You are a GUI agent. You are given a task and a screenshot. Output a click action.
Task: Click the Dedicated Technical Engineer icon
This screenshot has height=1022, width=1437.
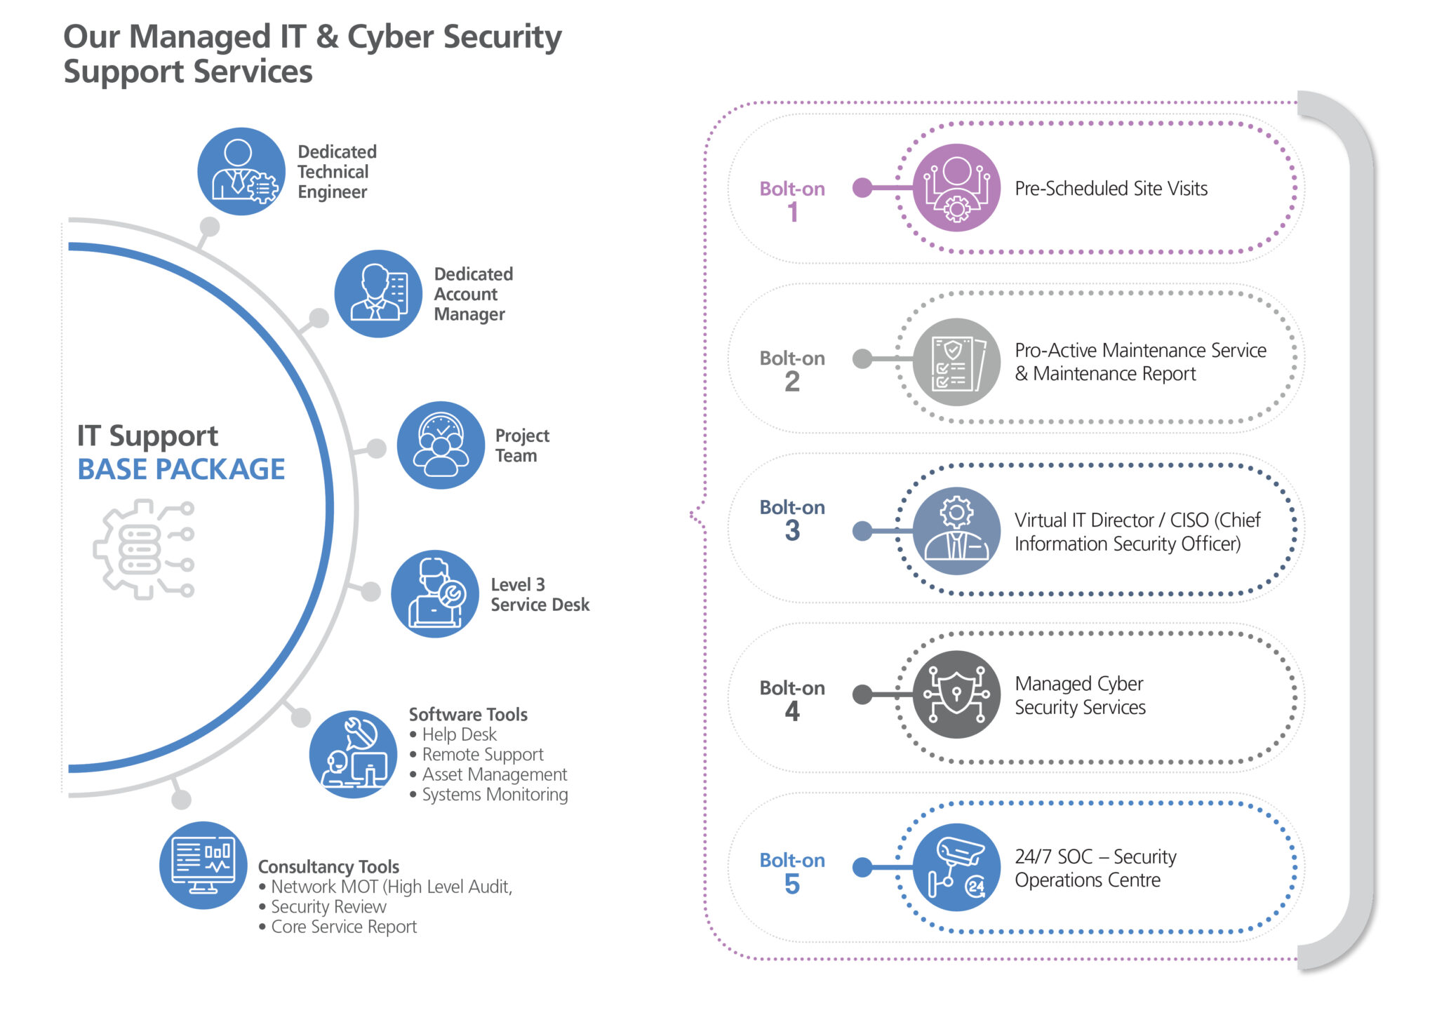pos(241,171)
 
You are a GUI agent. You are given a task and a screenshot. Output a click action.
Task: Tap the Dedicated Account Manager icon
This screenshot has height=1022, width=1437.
pos(378,294)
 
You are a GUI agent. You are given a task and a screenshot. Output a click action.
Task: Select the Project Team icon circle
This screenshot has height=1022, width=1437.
pos(441,445)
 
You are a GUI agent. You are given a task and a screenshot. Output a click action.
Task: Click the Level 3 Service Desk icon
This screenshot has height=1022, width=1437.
pos(435,593)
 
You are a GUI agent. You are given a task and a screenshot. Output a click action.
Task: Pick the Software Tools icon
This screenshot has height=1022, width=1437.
pos(353,755)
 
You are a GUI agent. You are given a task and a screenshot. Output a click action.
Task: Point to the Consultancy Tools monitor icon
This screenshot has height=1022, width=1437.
pos(203,866)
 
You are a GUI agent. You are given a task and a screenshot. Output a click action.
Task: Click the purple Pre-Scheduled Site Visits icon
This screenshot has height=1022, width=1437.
pos(956,188)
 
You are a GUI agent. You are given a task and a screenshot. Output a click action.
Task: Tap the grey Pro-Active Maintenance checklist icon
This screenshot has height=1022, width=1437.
pos(956,362)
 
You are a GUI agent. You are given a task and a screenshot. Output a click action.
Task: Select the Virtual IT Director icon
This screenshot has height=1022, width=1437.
pos(956,531)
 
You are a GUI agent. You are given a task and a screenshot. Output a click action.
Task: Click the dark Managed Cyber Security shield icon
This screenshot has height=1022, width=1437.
pos(956,694)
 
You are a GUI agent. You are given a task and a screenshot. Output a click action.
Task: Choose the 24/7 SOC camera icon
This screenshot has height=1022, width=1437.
pos(956,868)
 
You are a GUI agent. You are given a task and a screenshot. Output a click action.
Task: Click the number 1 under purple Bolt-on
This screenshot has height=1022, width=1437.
pos(793,212)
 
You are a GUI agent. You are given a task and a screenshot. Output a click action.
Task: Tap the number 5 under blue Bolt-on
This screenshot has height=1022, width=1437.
pos(792,885)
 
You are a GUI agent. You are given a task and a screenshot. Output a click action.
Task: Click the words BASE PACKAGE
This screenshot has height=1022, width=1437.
pos(181,469)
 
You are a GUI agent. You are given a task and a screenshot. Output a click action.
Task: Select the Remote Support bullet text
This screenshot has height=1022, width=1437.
pos(483,755)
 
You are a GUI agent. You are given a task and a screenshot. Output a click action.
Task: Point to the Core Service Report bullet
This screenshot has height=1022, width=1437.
pos(344,927)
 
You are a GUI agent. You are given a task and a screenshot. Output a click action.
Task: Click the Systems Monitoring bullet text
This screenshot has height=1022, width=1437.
pos(495,795)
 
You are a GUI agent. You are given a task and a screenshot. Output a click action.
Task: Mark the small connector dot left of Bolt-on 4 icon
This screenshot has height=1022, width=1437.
pos(862,694)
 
